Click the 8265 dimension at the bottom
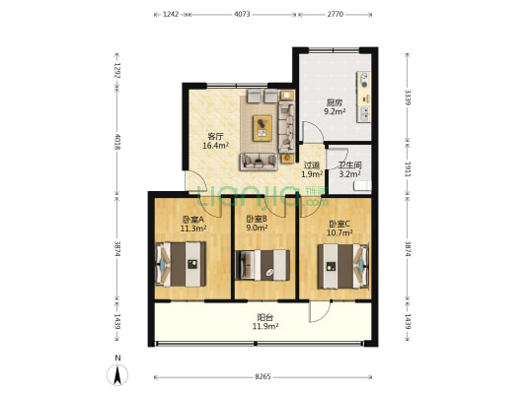coord(263,376)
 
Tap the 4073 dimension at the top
coord(242,14)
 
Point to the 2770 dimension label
coord(336,14)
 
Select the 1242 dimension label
coord(171,14)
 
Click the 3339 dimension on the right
coord(408,98)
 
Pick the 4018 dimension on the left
coord(117,142)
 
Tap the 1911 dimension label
coord(408,169)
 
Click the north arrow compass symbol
coord(117,374)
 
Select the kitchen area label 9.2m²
coord(335,111)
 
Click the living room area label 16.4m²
coord(216,145)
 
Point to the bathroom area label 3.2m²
coord(349,173)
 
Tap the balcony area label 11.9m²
coord(265,326)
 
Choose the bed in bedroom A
coord(181,264)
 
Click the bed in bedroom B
coord(263,265)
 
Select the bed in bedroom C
coord(343,266)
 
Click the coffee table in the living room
coord(263,128)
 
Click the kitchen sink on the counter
coord(364,114)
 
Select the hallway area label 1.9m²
coord(312,173)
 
